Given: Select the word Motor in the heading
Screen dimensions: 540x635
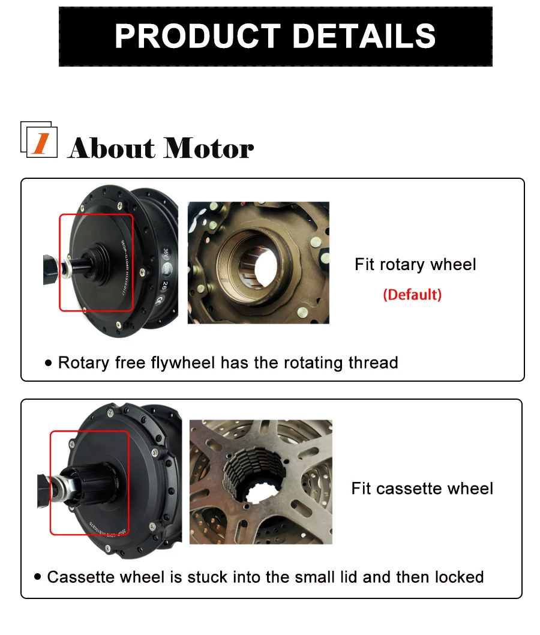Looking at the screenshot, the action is click(x=209, y=148).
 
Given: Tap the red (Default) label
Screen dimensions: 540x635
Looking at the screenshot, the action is click(x=412, y=295).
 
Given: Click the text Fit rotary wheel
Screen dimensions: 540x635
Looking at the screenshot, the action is click(x=415, y=265).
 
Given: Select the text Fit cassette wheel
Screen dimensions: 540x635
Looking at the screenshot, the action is click(x=422, y=489).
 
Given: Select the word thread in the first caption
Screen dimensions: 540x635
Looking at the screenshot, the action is click(x=373, y=363).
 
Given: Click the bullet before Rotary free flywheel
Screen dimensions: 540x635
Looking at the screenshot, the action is click(x=49, y=364).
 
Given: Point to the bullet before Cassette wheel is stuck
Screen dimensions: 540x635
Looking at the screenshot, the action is click(x=38, y=577).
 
